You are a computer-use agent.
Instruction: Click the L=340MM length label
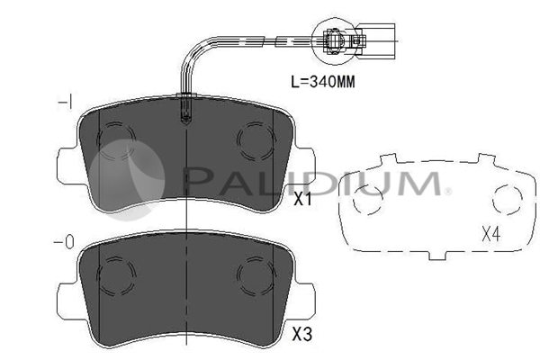[323, 82]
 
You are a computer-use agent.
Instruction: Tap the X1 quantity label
[302, 199]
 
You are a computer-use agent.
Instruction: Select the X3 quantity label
[302, 334]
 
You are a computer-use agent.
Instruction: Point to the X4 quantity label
[491, 235]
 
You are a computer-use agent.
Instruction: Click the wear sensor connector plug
[345, 41]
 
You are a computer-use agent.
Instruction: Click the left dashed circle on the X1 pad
[116, 140]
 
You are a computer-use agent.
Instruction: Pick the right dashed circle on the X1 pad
[256, 140]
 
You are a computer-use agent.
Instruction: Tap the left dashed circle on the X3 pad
[116, 275]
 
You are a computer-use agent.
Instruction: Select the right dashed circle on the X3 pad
[256, 275]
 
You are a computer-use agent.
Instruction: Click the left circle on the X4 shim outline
[368, 200]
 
